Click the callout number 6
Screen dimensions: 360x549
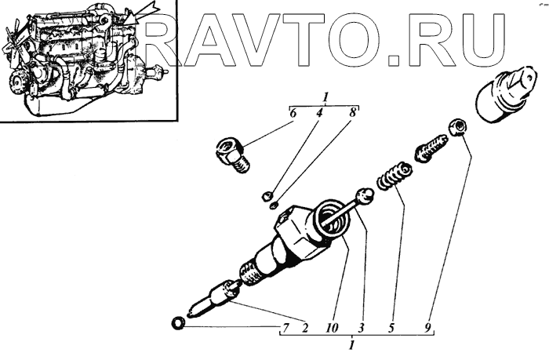(x=292, y=114)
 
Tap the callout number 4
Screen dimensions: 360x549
(x=320, y=114)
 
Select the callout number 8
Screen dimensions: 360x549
(x=354, y=114)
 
